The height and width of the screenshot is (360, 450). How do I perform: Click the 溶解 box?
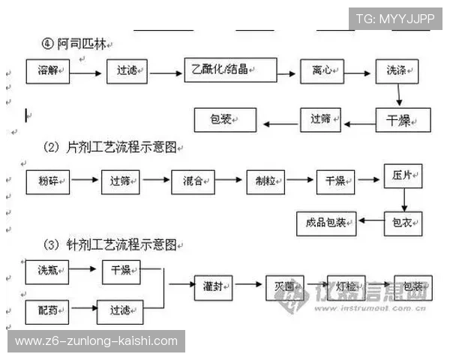pos(49,72)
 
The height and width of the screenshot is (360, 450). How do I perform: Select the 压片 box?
pos(403,176)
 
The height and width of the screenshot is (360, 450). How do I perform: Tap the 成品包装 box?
pos(325,222)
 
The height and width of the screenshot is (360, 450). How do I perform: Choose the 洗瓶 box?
pos(49,270)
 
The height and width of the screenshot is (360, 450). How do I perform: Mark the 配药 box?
pos(49,308)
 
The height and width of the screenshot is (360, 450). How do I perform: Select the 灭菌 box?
pos(284,287)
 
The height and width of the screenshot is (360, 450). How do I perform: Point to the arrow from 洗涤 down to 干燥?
pos(400,95)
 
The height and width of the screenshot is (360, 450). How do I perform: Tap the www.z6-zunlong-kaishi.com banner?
pos(96,341)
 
